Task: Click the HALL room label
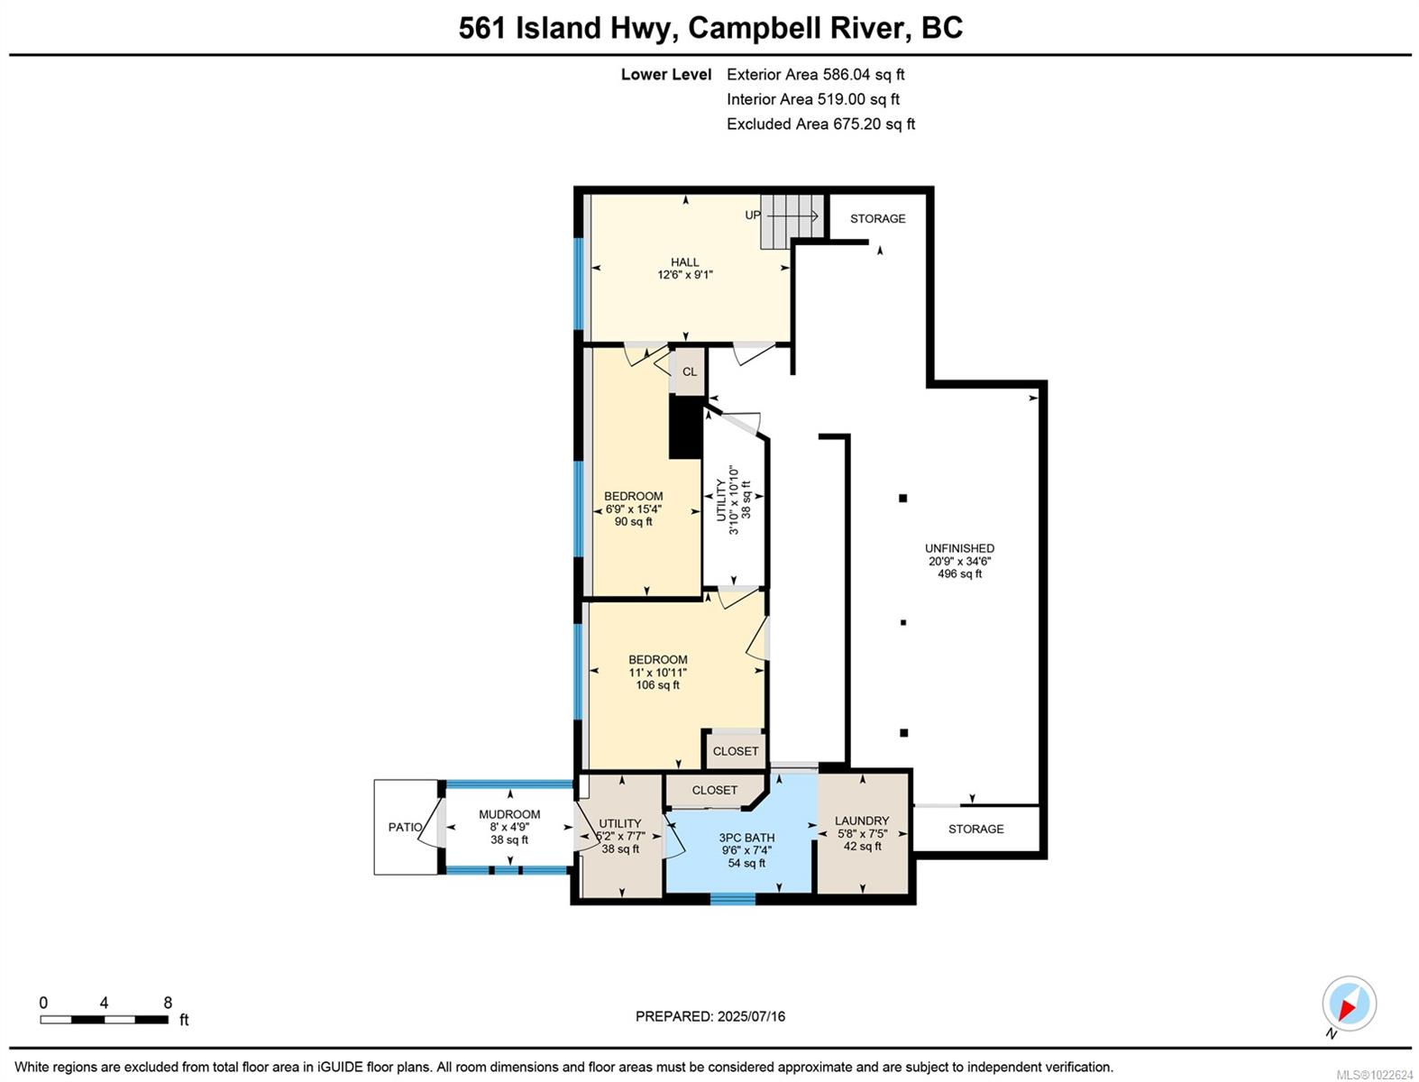[x=684, y=262]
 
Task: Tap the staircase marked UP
[x=792, y=221]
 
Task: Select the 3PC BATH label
[x=746, y=838]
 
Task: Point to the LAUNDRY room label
[x=862, y=821]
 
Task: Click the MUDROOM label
[x=509, y=814]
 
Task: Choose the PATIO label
[x=405, y=827]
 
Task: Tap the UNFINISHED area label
[x=959, y=548]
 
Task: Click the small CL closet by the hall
[x=689, y=371]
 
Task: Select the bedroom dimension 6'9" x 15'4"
[x=634, y=509]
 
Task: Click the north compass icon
[x=1349, y=1003]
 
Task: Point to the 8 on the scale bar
[x=168, y=1003]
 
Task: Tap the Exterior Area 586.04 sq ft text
[x=815, y=74]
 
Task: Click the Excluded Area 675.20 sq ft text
[x=820, y=124]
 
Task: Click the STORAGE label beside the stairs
[x=877, y=218]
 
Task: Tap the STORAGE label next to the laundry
[x=975, y=829]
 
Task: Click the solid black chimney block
[x=685, y=426]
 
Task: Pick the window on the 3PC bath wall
[x=732, y=898]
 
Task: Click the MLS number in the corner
[x=1375, y=1075]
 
